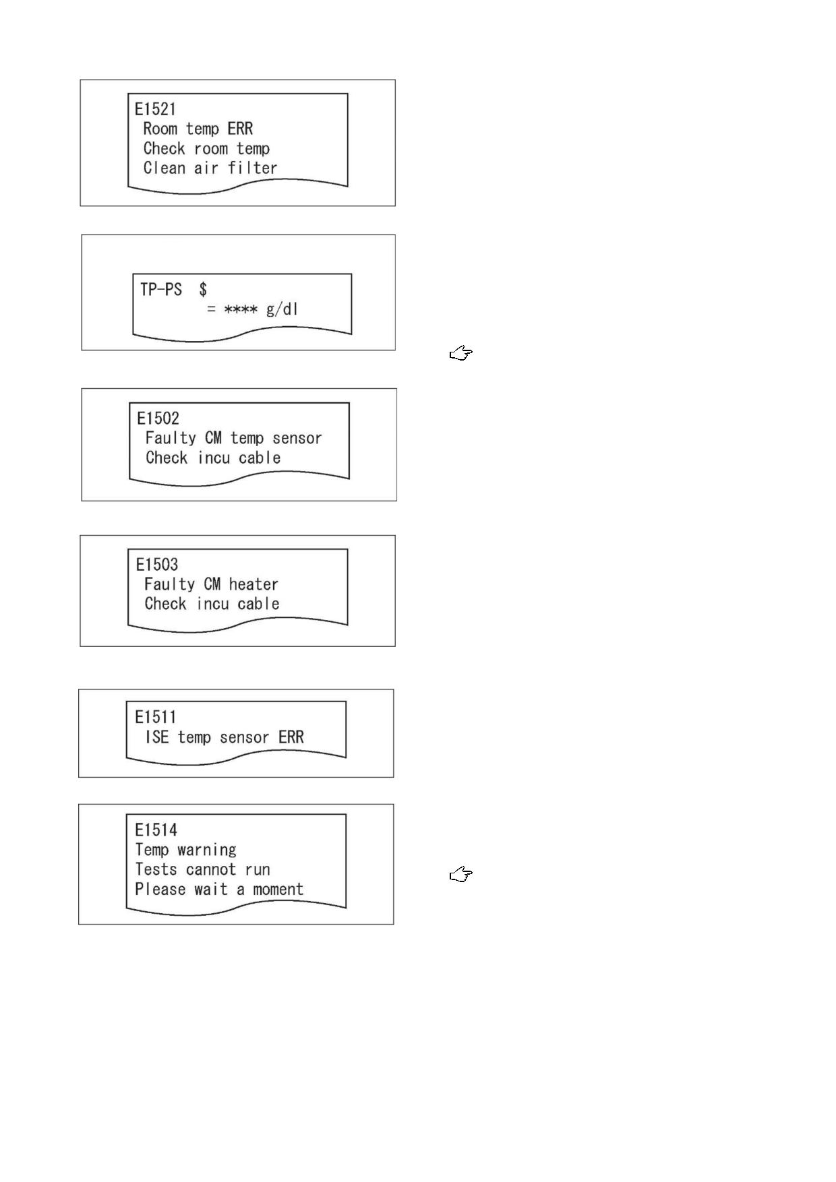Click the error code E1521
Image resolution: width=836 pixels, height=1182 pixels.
[155, 109]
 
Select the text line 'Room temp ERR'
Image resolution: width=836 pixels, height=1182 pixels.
[198, 129]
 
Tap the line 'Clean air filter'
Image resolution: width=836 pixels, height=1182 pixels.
[210, 168]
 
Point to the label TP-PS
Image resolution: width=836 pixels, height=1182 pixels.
[161, 290]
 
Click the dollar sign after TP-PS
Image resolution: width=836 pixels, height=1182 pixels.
[203, 290]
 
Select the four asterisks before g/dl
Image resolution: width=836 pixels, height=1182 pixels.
[241, 310]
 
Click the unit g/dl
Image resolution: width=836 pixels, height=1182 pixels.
[282, 309]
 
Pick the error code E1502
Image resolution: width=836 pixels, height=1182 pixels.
[158, 418]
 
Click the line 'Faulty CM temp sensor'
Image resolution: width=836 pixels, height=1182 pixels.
[234, 438]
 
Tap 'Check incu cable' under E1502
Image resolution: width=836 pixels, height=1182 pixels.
[213, 458]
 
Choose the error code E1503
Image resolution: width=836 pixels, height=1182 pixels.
[157, 565]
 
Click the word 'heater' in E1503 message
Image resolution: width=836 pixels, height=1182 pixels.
[253, 584]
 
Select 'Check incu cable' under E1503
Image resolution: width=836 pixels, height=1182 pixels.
[212, 604]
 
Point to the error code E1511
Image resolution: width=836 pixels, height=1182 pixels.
[156, 717]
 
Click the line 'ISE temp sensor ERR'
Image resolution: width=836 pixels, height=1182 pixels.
[225, 737]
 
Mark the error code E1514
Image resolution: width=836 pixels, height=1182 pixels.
[156, 830]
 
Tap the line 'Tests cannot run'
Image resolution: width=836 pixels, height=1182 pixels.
[203, 869]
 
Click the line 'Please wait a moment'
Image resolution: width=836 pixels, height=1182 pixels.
[220, 890]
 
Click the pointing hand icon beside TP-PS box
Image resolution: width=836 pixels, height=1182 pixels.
[461, 353]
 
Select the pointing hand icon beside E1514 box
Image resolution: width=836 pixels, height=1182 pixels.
[461, 875]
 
